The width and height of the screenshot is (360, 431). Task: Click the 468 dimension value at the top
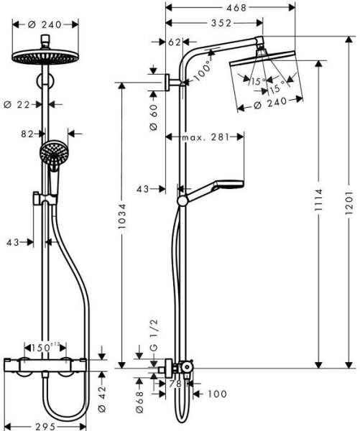pos(236,8)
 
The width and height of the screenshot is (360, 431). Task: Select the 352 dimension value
pos(221,23)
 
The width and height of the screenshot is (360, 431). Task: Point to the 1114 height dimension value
pos(318,200)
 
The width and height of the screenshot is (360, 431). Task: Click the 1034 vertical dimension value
pos(121,216)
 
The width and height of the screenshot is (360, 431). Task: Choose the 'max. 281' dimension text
pos(206,137)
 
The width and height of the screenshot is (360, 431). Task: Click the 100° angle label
pos(203,72)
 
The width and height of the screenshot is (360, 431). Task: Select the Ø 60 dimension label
pos(154,117)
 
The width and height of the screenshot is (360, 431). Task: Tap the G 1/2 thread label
pos(154,335)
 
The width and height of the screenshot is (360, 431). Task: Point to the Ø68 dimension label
pos(139,402)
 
